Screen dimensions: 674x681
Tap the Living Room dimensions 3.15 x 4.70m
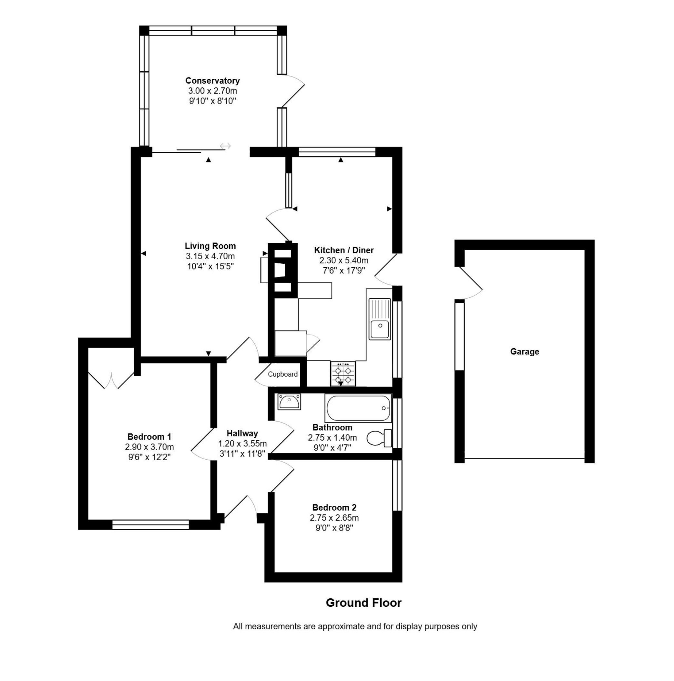coord(210,256)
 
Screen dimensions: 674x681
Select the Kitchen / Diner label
coord(344,250)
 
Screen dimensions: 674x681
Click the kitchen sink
coord(380,319)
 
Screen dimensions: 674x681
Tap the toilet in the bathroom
coord(379,438)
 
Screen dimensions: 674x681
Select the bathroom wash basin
coord(289,402)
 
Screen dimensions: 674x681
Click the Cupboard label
coord(282,374)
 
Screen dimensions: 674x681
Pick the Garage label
coord(525,352)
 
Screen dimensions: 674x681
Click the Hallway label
coord(242,433)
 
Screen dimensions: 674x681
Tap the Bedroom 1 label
coord(149,437)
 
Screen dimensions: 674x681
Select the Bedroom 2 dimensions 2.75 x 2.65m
coord(334,518)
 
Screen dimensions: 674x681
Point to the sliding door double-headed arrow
coord(225,146)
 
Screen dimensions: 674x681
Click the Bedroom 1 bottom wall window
coord(150,525)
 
